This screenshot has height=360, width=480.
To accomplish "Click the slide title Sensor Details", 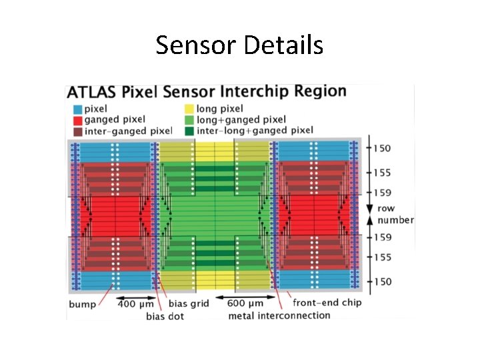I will pos(239,45).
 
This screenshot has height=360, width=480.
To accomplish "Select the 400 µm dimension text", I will pos(135,304).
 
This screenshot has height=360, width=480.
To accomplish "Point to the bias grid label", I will pos(188,304).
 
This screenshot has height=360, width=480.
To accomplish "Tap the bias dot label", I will pos(165,315).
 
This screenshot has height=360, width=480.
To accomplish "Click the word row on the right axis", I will pos(385,209).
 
